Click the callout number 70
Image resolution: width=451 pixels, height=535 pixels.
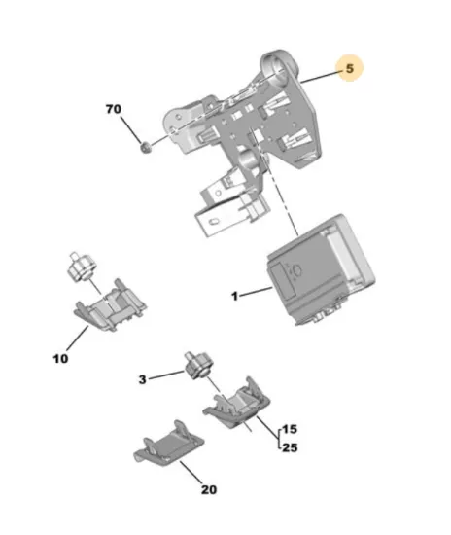114,109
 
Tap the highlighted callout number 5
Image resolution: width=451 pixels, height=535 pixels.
350,68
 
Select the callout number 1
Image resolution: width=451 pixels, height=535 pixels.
234,296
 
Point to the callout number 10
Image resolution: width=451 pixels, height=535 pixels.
60,359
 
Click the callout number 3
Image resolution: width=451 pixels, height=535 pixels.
143,379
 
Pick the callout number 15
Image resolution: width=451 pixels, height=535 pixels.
290,429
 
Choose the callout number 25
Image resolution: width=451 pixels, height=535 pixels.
290,447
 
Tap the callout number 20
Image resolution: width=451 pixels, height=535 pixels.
209,490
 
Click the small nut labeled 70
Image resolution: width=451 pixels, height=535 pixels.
146,148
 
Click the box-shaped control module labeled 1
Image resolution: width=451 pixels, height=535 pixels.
321,270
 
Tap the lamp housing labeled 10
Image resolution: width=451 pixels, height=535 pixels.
111,304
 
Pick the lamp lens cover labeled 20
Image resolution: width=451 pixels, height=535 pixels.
169,443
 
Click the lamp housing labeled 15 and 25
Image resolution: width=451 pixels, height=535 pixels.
237,404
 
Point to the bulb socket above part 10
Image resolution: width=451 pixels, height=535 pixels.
81,267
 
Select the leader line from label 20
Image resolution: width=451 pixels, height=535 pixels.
192,472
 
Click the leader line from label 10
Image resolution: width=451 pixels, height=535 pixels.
78,339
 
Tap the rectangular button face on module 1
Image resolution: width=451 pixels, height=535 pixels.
284,282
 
